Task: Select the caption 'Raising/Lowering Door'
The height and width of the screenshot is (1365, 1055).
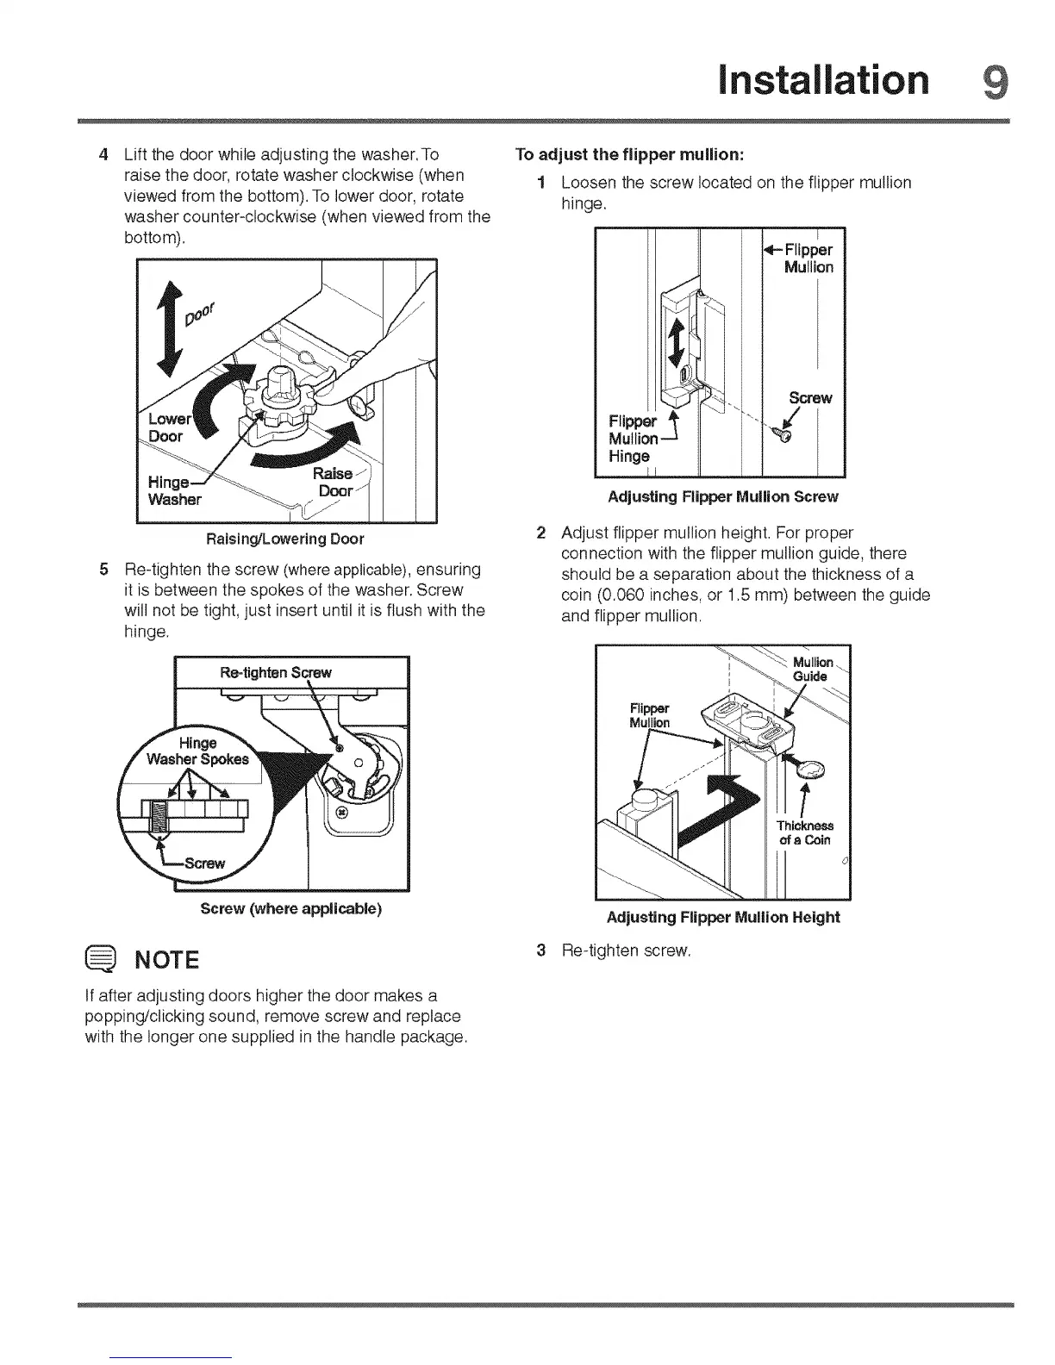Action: click(284, 539)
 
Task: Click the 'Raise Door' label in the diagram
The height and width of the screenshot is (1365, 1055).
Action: click(334, 483)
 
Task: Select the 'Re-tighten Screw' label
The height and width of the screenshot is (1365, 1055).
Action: click(276, 672)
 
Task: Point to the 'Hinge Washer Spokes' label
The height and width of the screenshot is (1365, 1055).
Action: click(197, 751)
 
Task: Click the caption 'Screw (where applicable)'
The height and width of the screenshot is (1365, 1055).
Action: click(290, 909)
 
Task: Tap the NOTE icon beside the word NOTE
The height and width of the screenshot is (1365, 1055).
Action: click(101, 959)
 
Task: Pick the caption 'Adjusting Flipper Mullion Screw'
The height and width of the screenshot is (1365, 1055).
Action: click(722, 497)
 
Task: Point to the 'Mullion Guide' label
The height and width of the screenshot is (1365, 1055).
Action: click(811, 670)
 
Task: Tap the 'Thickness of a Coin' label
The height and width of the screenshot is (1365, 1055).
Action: click(805, 832)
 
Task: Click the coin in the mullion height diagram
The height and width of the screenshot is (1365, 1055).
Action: click(812, 769)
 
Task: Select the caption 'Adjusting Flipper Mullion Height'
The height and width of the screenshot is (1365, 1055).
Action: click(722, 918)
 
